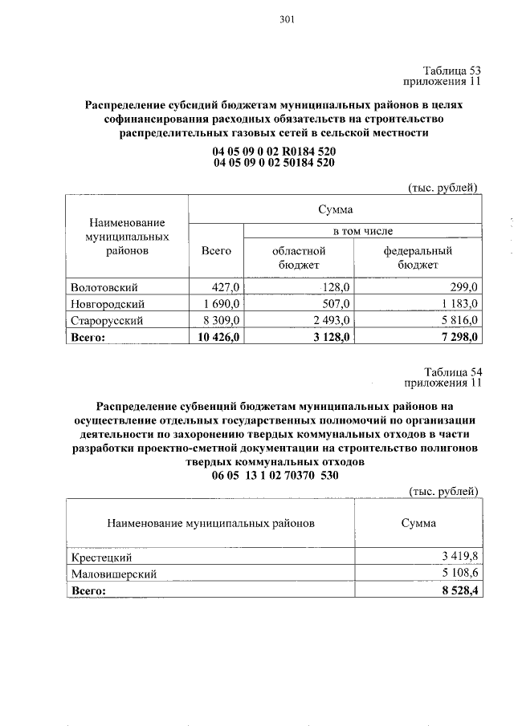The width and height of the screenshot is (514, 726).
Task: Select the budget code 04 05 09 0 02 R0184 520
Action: point(274,151)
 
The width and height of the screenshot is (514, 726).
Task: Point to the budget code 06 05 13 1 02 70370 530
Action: point(274,476)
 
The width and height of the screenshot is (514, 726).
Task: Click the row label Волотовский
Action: point(104,287)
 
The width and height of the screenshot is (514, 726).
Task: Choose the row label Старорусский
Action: point(107,320)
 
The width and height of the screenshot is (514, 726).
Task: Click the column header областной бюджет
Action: point(300,257)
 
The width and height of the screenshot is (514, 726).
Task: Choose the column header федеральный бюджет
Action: point(417,257)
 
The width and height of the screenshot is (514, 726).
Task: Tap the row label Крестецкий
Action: point(101,557)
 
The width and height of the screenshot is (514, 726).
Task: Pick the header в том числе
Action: point(362,231)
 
